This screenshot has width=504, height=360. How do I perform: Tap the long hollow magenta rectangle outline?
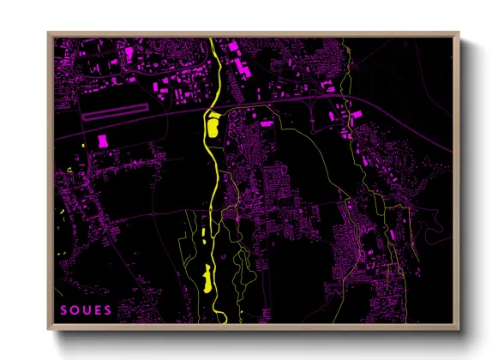(121, 111)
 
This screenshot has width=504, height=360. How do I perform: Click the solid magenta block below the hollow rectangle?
(103, 141)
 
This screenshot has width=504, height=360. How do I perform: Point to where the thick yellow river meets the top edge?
(211, 38)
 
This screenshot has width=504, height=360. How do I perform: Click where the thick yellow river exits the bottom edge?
(221, 323)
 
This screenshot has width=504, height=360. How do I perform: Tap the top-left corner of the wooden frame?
(48, 33)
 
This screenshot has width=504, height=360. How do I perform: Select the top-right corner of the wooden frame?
(459, 33)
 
